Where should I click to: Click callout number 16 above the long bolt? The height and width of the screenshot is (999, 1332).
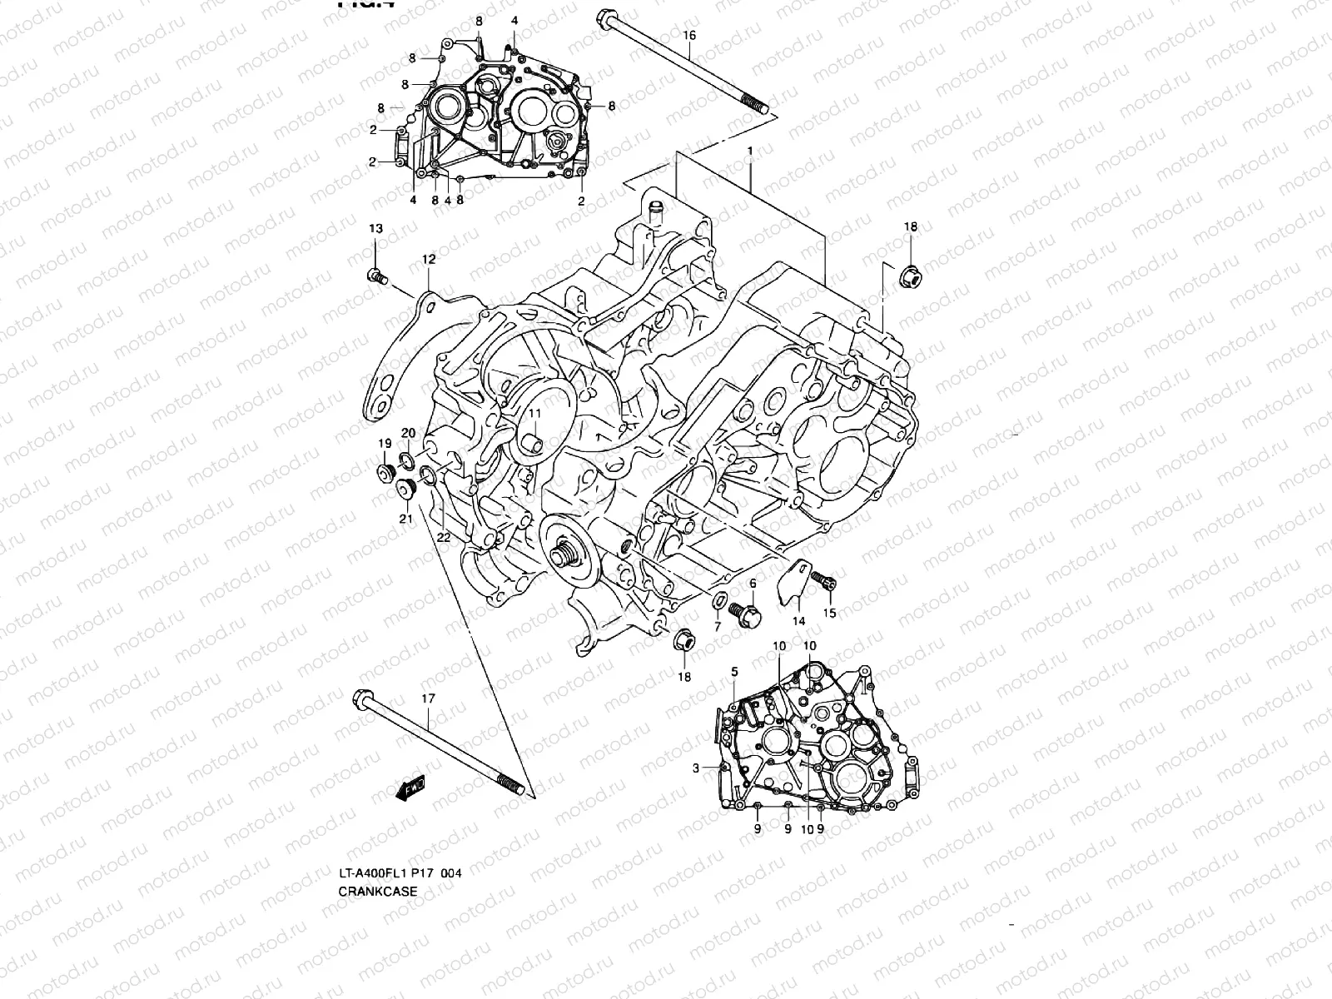[688, 35]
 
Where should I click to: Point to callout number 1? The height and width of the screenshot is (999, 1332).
[749, 151]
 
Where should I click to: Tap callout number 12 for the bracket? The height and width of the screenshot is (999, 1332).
[428, 260]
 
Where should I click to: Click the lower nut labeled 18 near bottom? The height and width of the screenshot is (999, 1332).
[685, 641]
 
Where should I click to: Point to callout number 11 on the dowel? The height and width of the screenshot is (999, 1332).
[534, 413]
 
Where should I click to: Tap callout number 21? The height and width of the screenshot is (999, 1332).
[405, 519]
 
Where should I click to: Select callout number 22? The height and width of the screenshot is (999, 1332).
[444, 539]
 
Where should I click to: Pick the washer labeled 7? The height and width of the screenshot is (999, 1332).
[720, 600]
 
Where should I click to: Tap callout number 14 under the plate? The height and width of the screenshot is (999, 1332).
[798, 621]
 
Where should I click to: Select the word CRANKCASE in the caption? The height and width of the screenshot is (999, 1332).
[377, 891]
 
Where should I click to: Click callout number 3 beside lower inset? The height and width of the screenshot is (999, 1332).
[696, 768]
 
